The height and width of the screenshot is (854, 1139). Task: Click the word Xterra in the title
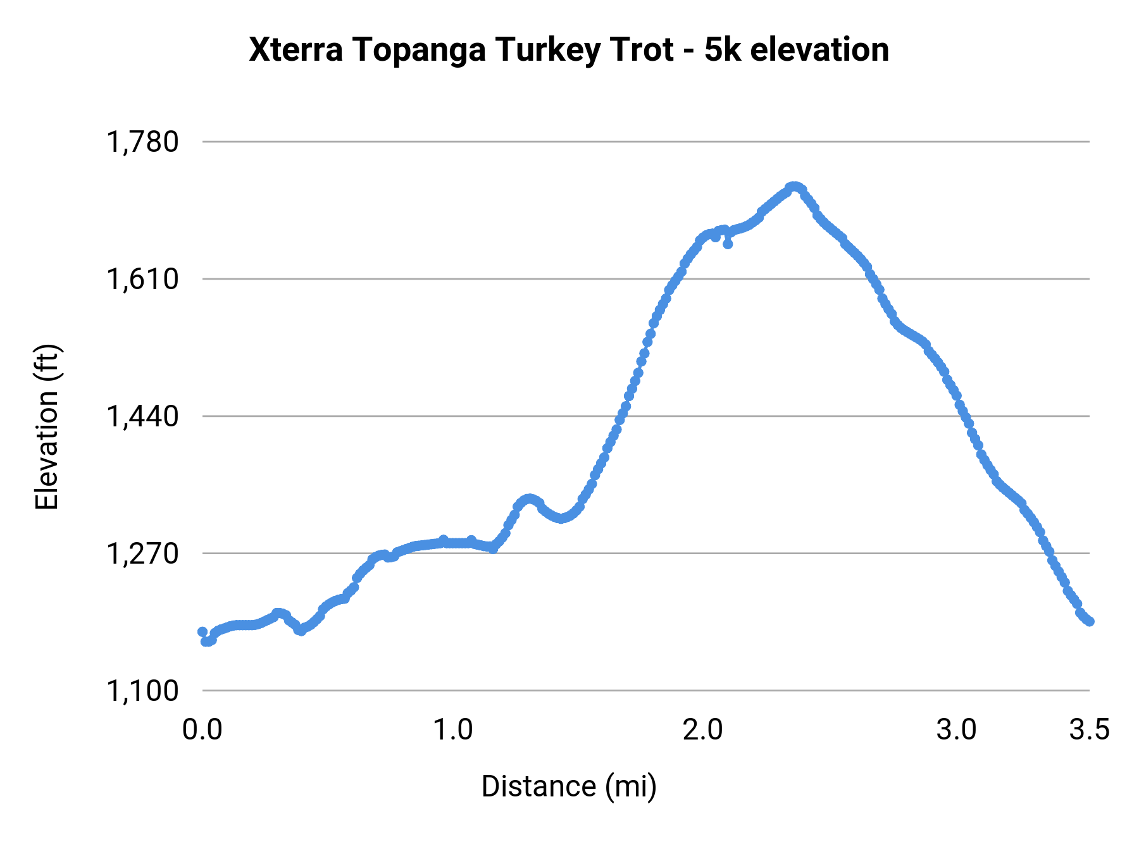[x=296, y=50]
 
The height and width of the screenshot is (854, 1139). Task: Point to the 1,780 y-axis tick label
[x=142, y=142]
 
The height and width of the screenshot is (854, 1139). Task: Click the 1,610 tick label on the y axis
[x=142, y=279]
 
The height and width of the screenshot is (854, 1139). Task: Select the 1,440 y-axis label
[x=142, y=416]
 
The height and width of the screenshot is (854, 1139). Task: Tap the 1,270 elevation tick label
[x=142, y=554]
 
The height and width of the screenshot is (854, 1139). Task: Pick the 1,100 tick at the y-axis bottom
[x=142, y=691]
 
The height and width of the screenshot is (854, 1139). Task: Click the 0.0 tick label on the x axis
[x=202, y=730]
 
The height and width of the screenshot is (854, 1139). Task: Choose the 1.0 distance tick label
[x=453, y=730]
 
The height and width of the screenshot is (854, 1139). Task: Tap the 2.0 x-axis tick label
[x=703, y=730]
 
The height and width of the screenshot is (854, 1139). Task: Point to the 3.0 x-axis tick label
[x=956, y=730]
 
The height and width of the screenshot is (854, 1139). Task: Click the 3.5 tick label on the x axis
[x=1089, y=730]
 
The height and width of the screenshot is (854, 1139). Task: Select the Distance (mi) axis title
[x=569, y=786]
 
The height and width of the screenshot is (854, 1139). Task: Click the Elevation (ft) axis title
[x=47, y=427]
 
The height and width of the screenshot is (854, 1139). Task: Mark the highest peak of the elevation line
[x=794, y=187]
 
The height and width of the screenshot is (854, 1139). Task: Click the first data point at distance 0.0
[x=202, y=632]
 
